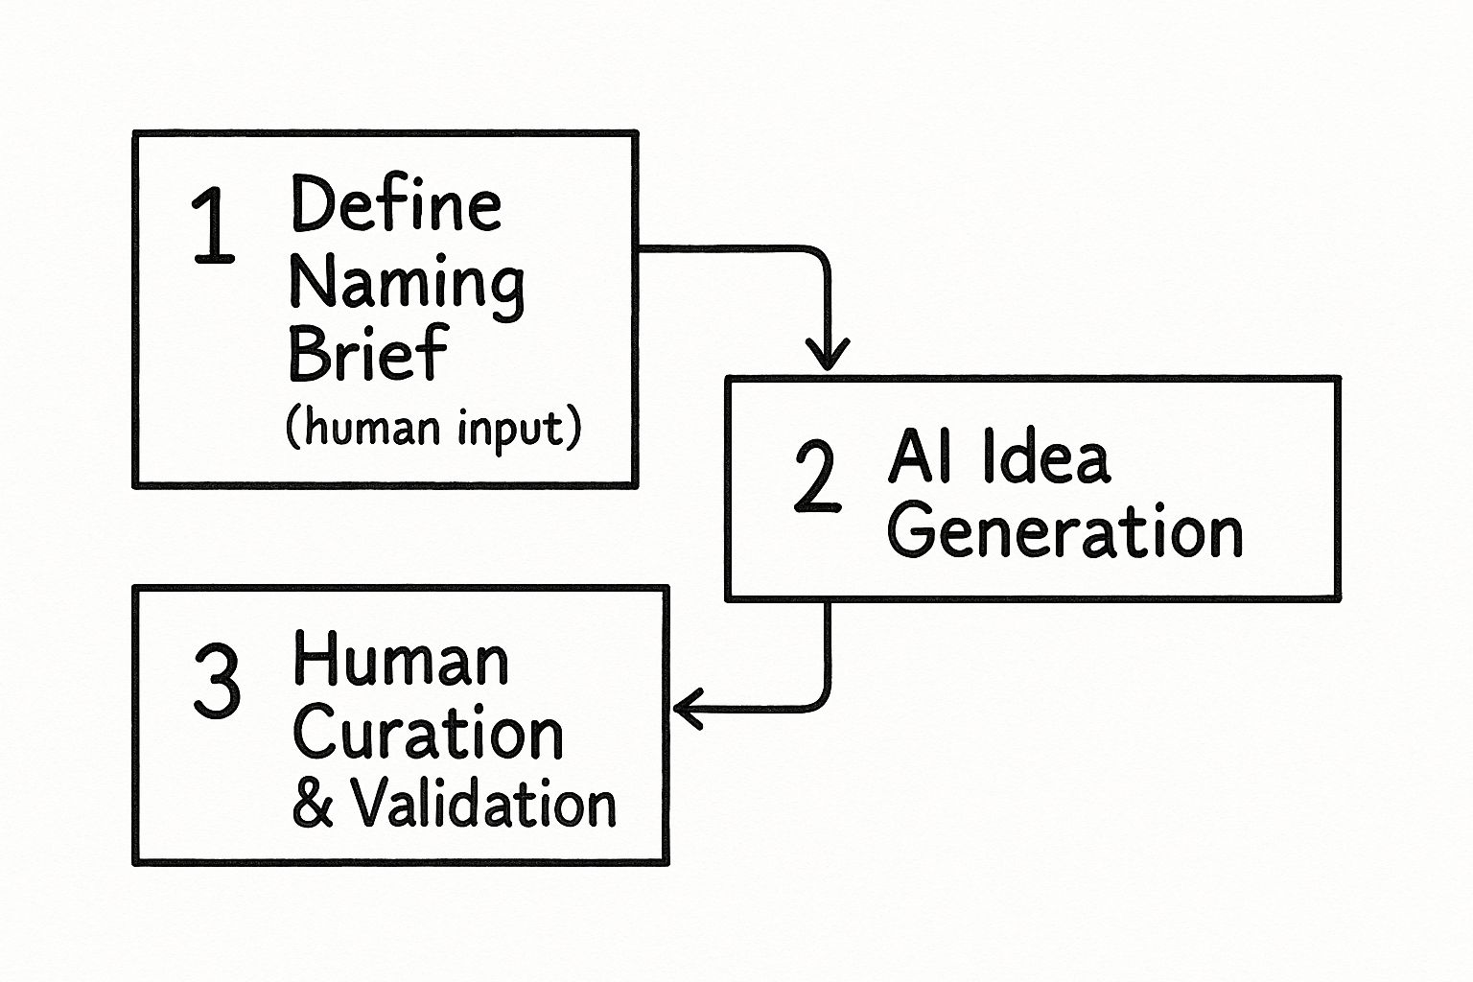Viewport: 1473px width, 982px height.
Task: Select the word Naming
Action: pos(407,282)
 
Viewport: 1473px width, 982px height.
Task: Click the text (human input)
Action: pos(433,427)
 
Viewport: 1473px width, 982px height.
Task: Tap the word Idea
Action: pos(1046,457)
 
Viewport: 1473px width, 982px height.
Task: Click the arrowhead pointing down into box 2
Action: pos(828,358)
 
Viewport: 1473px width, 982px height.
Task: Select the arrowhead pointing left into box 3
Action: pos(687,709)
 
